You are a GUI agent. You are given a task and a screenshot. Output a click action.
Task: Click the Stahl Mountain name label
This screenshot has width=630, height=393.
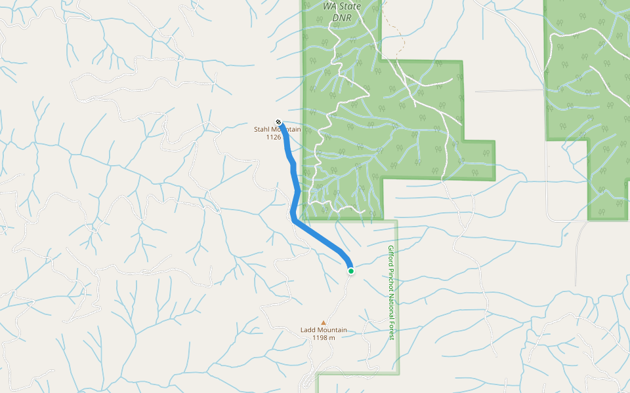277,130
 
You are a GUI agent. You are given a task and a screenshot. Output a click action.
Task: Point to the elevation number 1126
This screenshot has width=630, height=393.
274,138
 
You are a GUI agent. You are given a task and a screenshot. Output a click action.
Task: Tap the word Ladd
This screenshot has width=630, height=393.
308,330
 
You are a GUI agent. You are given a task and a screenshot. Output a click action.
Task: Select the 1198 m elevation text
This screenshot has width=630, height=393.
324,338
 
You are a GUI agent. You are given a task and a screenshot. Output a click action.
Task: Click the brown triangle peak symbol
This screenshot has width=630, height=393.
323,322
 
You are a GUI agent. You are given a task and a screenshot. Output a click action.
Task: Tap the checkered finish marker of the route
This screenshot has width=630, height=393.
279,122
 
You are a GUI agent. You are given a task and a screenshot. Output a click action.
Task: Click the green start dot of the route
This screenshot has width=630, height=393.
351,271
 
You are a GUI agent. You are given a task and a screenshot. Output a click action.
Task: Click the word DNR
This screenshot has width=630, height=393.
342,17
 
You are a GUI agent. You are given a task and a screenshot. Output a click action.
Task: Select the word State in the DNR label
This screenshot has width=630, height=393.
349,7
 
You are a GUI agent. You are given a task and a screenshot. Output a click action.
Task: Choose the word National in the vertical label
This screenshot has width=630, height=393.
390,307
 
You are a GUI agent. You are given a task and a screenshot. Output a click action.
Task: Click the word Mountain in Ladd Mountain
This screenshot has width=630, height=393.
333,330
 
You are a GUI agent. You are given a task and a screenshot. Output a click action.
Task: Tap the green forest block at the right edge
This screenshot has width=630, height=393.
591,98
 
